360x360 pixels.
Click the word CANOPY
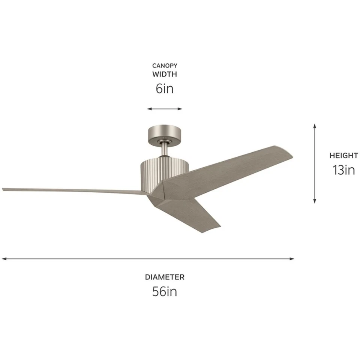165,66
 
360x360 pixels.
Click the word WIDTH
165,74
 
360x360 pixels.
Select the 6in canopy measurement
165,89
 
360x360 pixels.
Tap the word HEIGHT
343,155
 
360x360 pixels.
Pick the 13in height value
343,170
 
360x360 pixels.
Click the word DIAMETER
165,277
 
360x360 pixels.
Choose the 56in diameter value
165,291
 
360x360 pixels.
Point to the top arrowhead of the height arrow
315,125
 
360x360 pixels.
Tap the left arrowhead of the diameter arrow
4,258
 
